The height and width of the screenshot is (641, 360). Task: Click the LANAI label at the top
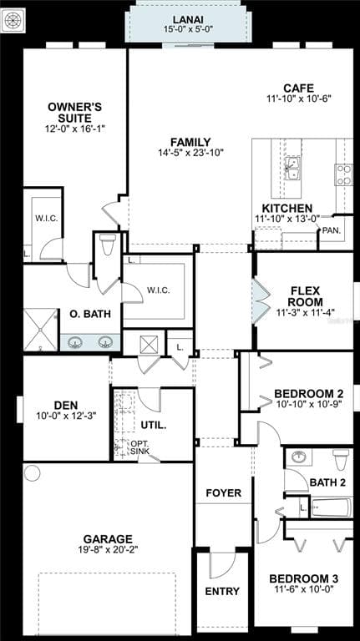coord(188,19)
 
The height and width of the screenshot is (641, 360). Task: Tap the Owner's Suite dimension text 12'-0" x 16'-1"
coord(75,129)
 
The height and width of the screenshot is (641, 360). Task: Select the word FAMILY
coord(190,142)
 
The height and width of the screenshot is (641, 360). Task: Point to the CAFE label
coord(299,88)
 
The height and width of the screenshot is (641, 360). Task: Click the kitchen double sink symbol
coord(292,168)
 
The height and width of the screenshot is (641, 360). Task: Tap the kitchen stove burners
coord(343,174)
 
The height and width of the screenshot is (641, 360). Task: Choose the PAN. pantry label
coord(332,230)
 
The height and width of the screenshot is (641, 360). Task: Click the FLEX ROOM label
coord(305,297)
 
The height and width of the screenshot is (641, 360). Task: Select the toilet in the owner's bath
coord(108,244)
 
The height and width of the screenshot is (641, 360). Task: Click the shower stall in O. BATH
coord(40,330)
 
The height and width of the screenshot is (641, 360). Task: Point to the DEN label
coord(66,405)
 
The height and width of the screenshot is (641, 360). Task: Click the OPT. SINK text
coord(140,447)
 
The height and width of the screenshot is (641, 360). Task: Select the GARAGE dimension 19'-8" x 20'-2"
coord(108,550)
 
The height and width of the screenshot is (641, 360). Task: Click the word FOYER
coord(223,493)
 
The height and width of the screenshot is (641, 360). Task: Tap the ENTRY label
coord(222,591)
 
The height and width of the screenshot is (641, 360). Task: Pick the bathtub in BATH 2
coord(331,507)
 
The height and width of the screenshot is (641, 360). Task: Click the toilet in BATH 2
coord(341,460)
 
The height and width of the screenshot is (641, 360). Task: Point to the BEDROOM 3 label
coord(303,579)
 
